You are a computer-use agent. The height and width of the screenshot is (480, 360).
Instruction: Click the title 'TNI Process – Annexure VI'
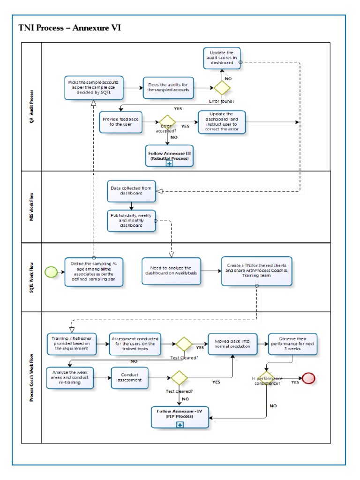(69, 28)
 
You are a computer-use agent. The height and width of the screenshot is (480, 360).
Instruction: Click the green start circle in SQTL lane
(50, 271)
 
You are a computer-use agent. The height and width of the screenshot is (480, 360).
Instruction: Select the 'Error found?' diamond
(222, 88)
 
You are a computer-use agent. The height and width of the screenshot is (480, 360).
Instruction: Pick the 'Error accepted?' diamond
(167, 123)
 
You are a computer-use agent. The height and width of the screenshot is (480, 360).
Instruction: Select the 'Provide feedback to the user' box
(121, 121)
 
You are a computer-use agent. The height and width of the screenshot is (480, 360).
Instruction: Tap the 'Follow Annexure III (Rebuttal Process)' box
(169, 156)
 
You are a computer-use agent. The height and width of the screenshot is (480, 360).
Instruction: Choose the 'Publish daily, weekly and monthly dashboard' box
(132, 220)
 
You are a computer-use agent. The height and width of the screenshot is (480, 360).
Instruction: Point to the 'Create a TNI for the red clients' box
(257, 270)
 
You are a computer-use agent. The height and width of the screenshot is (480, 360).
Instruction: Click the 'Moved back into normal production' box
(232, 344)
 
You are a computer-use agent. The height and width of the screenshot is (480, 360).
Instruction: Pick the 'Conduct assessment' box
(130, 378)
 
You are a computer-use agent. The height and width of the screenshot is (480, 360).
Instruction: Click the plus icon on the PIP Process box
(180, 425)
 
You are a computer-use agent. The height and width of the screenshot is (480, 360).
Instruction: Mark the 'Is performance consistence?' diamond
(266, 377)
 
